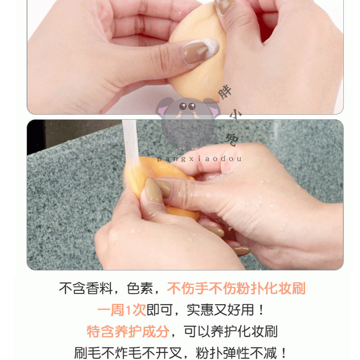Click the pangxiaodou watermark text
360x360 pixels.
200,158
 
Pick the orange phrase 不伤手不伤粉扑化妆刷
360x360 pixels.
236,288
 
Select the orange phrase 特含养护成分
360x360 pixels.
128,332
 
